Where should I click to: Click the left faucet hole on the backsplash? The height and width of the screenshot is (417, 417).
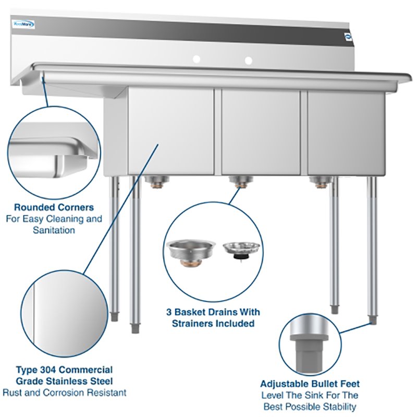pos(197,60)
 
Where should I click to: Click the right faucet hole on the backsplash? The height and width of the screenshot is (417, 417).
pos(248,60)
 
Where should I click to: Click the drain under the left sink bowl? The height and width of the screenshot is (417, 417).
pos(155,181)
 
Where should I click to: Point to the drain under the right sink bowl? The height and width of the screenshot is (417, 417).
pos(320,181)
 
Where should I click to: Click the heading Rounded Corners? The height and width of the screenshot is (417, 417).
pos(54,207)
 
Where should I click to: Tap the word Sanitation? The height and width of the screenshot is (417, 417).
pos(54,230)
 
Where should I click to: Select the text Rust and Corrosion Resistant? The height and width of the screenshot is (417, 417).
pos(64,393)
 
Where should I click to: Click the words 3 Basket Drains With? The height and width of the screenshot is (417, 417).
pos(213,312)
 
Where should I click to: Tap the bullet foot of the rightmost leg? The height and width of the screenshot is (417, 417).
pos(373,319)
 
